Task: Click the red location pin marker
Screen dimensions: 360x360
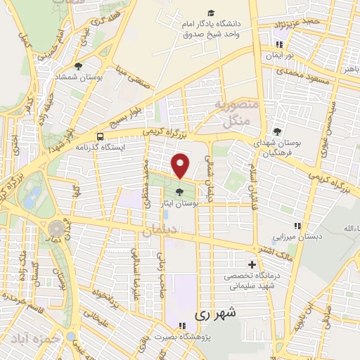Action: click(x=181, y=166)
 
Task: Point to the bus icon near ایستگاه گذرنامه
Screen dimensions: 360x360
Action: click(x=100, y=136)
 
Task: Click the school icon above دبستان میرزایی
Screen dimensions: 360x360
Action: click(x=297, y=225)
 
